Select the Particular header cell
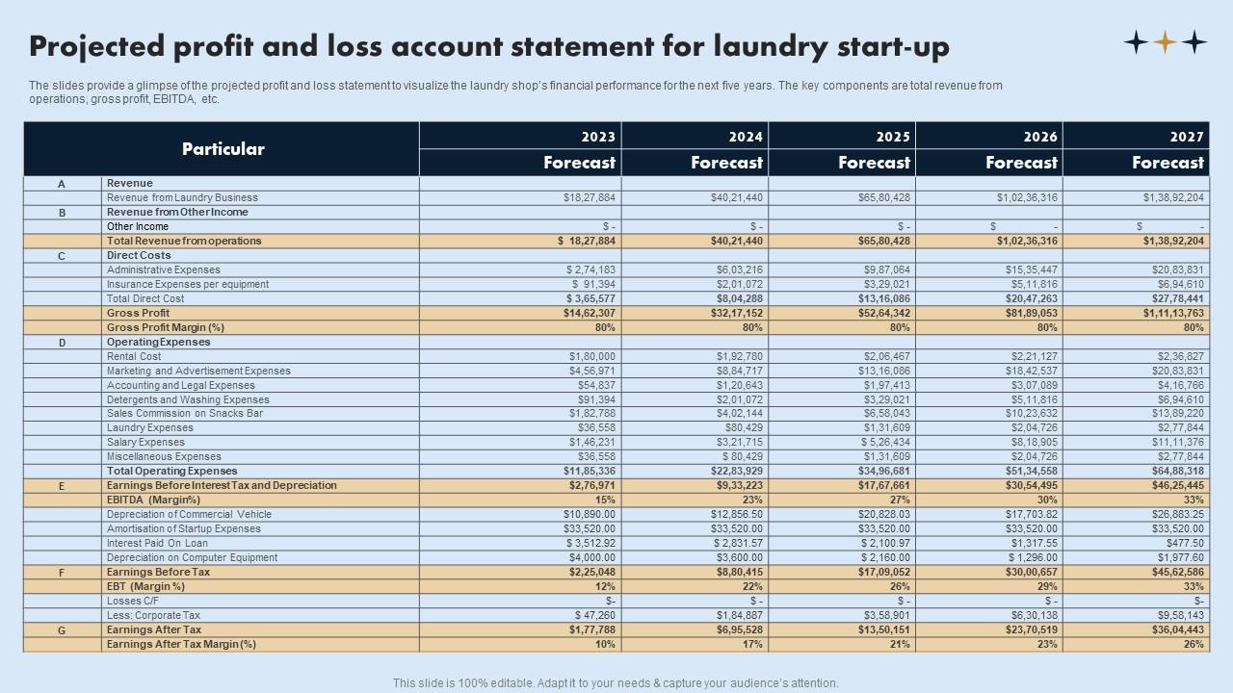pos(223,149)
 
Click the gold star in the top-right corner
pos(1166,42)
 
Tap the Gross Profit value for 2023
pos(588,313)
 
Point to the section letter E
pos(62,486)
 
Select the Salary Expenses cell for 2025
pos(883,443)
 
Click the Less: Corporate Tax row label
pos(153,615)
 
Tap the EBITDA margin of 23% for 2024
pos(752,500)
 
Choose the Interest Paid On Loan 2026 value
pos(1032,543)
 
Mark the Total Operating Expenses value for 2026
pos(1030,472)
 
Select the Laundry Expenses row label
pos(149,428)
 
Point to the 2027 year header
pos(1187,137)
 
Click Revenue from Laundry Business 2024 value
pos(736,197)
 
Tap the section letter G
pos(62,629)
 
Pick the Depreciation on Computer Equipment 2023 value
pos(591,557)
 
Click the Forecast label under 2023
pos(579,163)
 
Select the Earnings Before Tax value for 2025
pos(883,572)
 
